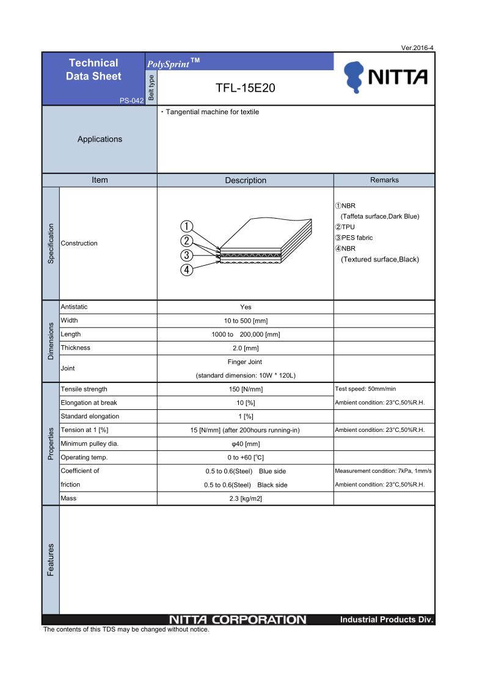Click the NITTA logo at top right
385,78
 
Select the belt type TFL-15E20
246,88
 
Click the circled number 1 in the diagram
188,227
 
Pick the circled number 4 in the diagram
188,270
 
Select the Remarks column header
384,180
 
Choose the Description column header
246,180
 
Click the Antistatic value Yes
246,307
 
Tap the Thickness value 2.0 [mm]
246,348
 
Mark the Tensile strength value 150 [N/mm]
246,389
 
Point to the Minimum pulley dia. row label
89,443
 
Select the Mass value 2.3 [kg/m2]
246,498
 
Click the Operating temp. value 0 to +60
246,457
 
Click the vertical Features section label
51,560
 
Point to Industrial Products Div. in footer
386,620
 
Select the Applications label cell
100,139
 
